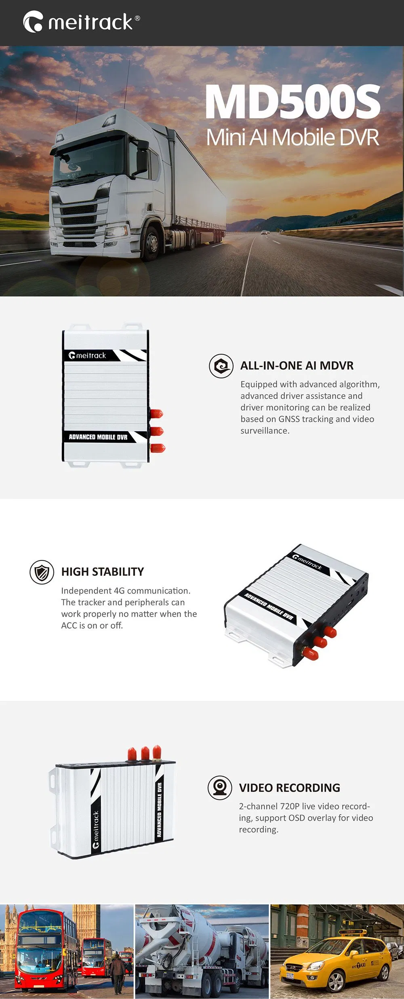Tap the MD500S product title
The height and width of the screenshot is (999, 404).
pos(293,102)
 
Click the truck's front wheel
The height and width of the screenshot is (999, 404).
pos(152,243)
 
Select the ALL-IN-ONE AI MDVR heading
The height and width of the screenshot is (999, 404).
pos(297,365)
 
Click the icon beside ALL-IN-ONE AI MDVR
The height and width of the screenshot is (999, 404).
pos(221,366)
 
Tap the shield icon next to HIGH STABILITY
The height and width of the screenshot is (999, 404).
pos(42,572)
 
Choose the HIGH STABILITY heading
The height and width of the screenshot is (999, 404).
pos(103,572)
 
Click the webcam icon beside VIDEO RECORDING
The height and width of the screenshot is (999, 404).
pos(220,788)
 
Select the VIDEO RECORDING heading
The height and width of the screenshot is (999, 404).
pos(290,788)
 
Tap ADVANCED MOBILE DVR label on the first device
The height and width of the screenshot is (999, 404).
pos(98,437)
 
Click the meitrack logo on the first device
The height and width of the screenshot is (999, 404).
pos(87,355)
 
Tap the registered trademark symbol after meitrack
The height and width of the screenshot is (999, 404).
pos(137,18)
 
